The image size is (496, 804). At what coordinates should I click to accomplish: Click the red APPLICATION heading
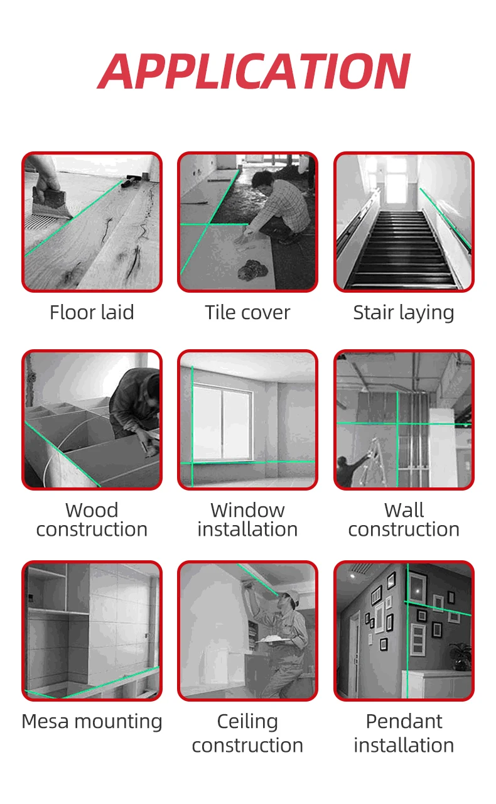[x=254, y=71]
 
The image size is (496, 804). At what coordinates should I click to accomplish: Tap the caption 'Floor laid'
[x=92, y=312]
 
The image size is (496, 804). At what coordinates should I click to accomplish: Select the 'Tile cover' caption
[x=247, y=312]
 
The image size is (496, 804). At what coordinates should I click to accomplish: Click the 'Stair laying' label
[x=404, y=313]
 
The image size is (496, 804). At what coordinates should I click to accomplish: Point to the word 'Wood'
[x=92, y=510]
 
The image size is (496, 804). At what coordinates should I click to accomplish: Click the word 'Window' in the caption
[x=247, y=510]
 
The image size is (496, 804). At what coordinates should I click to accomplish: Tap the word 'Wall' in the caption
[x=404, y=510]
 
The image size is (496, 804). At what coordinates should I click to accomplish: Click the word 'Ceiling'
[x=247, y=722]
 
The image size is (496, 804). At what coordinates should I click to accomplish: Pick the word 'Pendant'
[x=404, y=722]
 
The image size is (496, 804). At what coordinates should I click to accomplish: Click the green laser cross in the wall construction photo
[x=397, y=424]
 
